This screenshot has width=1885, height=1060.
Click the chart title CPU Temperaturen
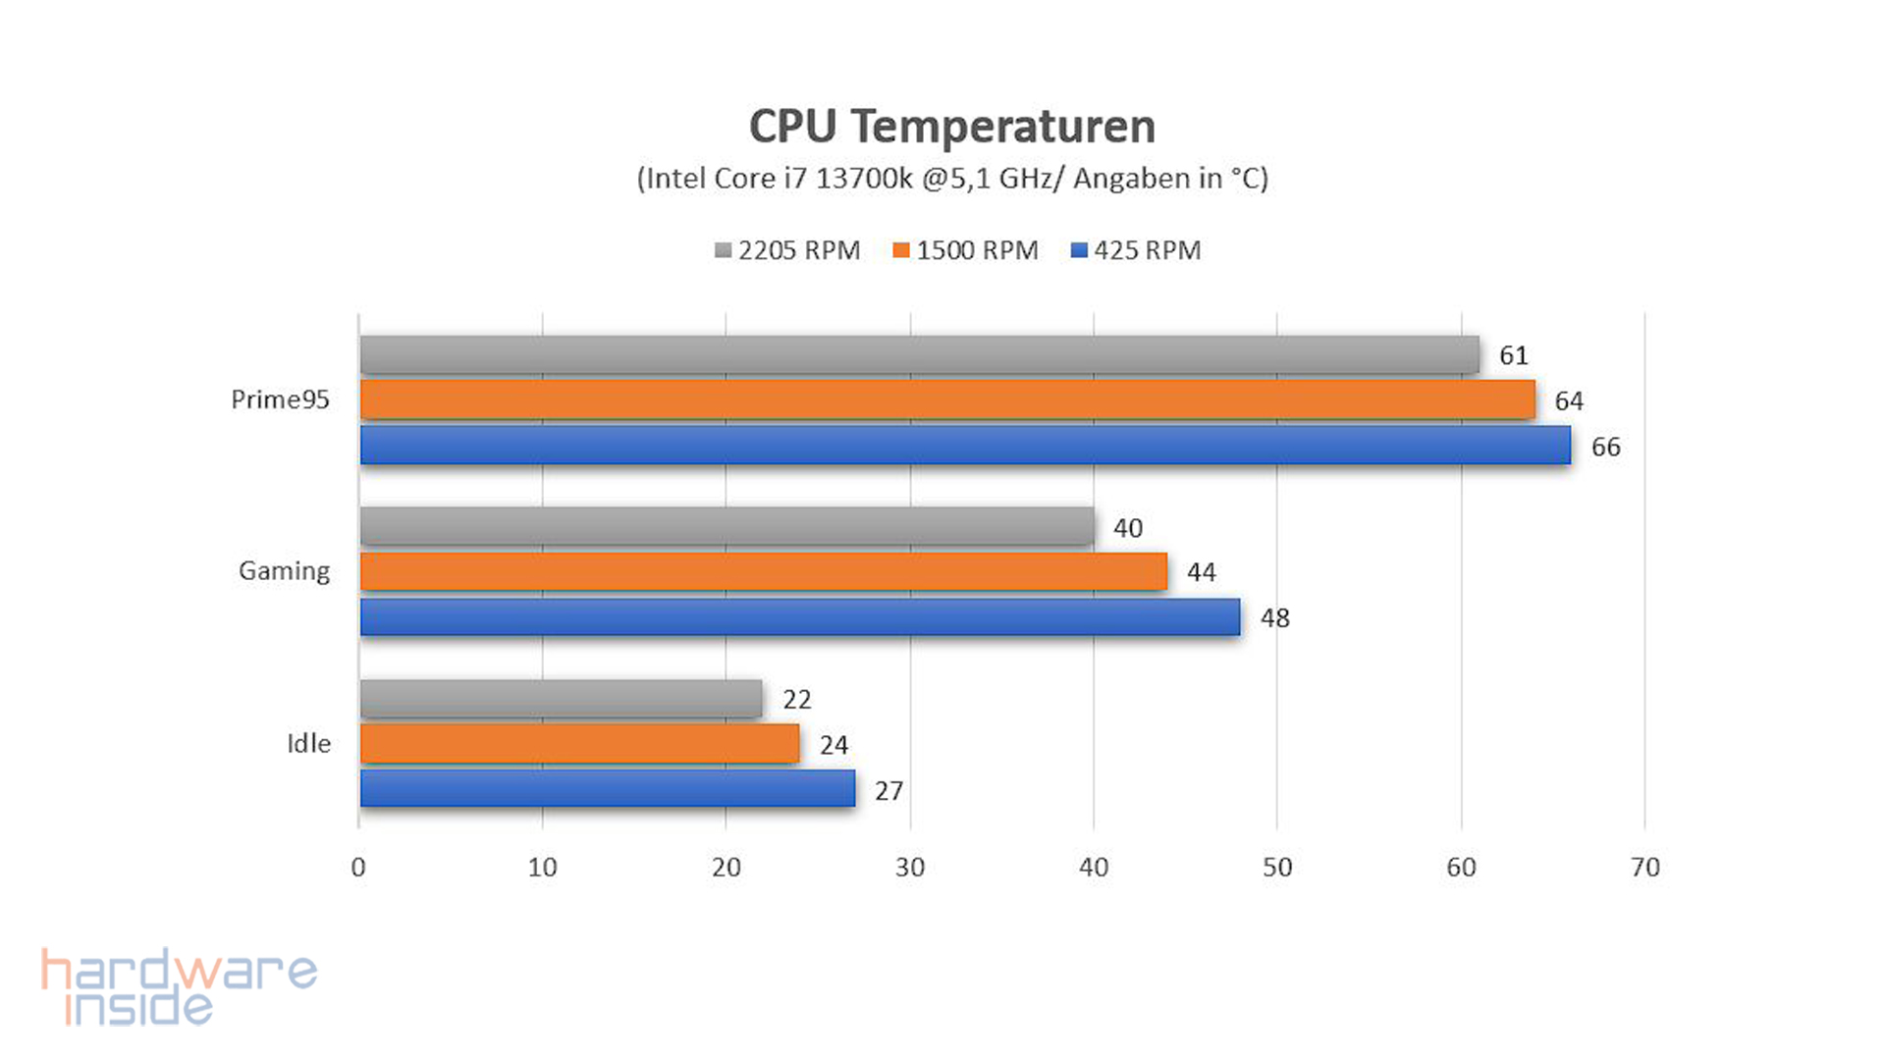951,128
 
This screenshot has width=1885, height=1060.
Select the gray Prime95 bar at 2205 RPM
919,354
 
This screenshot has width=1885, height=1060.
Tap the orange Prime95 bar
947,399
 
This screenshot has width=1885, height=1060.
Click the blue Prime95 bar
965,445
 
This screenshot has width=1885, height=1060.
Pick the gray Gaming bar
727,526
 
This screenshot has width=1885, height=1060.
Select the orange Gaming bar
763,571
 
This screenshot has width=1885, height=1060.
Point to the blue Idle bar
607,788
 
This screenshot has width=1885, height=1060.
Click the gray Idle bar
561,699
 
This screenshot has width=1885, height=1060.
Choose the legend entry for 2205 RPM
787,251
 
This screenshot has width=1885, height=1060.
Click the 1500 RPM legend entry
966,251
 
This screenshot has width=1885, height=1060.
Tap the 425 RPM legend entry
1136,251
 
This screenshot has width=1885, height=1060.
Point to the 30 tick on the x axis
910,868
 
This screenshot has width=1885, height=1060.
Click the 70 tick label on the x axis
1644,868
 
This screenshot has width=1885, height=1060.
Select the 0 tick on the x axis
358,868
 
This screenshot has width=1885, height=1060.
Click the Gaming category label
284,571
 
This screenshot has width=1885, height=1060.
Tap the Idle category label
308,744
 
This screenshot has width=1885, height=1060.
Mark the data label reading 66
1605,448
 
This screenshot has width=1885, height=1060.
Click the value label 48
1274,618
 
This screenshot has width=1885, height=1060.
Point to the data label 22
796,700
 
